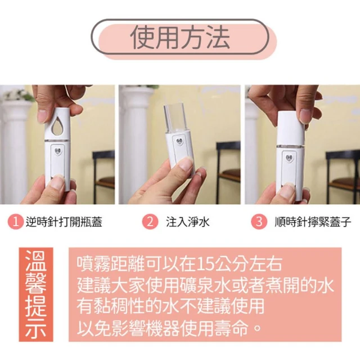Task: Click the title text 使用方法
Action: coord(180,38)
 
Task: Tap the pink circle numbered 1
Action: coord(16,222)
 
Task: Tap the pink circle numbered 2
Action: coord(150,222)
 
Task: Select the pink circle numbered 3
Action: coord(259,222)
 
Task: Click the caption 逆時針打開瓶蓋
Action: coord(64,222)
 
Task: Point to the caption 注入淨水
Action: coord(188,222)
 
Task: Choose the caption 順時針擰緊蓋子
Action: coord(313,222)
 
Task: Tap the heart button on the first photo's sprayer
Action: coord(57,152)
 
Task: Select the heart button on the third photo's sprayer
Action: coord(289,157)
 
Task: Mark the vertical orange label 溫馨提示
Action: coord(36,294)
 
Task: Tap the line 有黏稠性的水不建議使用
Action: coord(170,307)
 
